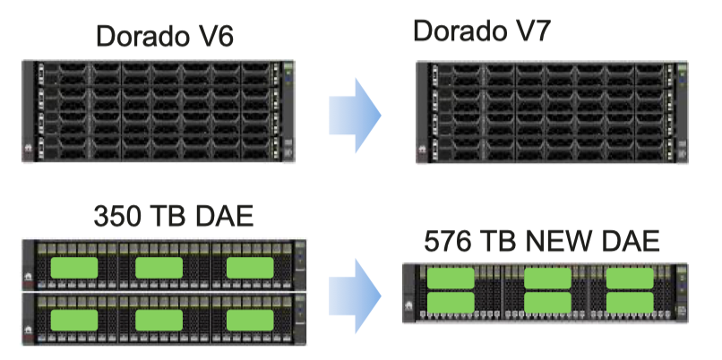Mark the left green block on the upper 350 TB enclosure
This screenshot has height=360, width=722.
pyautogui.click(x=74, y=268)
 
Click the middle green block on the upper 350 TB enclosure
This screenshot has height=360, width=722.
pyautogui.click(x=159, y=268)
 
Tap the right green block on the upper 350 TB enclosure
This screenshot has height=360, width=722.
pyautogui.click(x=250, y=268)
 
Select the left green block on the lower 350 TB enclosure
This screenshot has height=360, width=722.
pyautogui.click(x=74, y=321)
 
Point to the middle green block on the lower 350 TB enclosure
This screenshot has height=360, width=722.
pyautogui.click(x=159, y=321)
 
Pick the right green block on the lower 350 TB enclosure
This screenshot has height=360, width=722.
pyautogui.click(x=250, y=321)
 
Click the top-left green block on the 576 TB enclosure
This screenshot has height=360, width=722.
pyautogui.click(x=451, y=279)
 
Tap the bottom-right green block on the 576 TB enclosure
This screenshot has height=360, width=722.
pyautogui.click(x=630, y=303)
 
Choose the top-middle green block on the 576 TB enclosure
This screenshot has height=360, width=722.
pyautogui.click(x=547, y=279)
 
